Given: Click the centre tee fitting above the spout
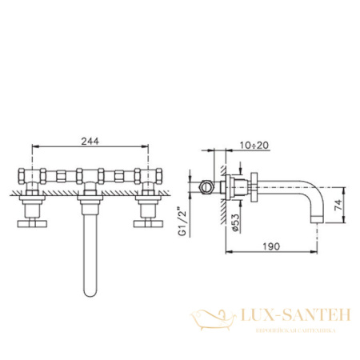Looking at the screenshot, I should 89,174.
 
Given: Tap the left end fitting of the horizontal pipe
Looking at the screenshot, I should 21,174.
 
